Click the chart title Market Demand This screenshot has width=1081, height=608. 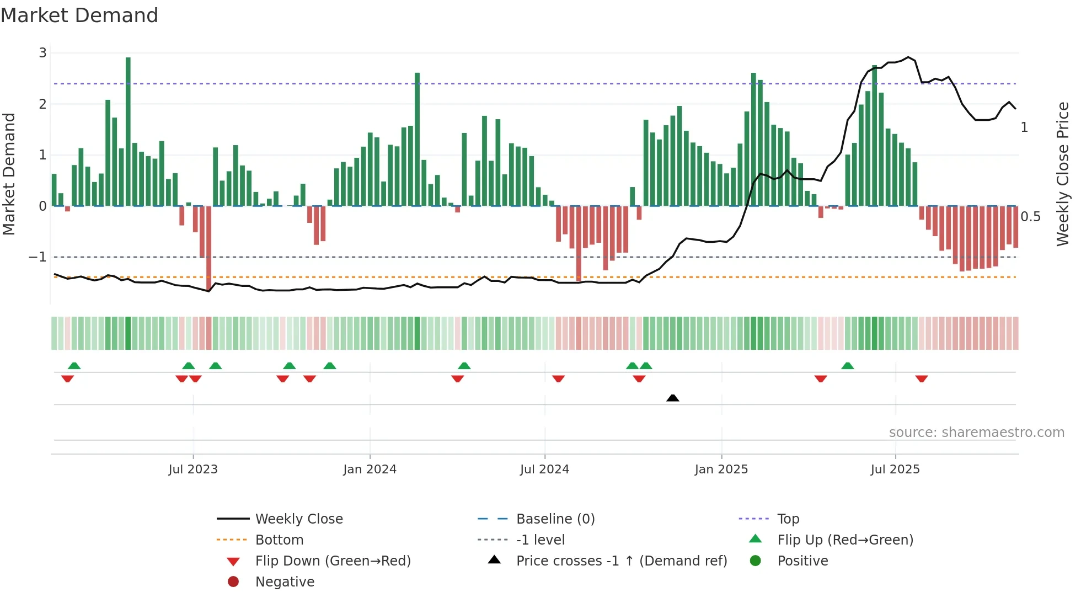point(79,15)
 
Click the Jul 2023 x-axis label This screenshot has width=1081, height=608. point(193,470)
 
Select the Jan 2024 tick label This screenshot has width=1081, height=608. point(370,470)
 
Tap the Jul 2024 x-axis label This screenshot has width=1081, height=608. point(544,470)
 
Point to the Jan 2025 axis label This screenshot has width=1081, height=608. point(721,470)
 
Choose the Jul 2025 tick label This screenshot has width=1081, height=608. point(895,470)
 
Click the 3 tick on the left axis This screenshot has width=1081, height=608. point(42,53)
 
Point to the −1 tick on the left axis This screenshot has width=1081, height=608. point(38,257)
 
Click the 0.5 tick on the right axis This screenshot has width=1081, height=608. point(1030,217)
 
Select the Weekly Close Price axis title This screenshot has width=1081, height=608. point(1062,174)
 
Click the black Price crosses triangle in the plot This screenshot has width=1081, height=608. point(672,398)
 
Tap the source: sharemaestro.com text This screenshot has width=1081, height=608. point(976,433)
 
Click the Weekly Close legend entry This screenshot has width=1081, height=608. point(298,519)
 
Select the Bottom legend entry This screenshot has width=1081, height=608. point(279,540)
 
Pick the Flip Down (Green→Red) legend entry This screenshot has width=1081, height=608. point(333,561)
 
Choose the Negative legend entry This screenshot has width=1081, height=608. point(285,582)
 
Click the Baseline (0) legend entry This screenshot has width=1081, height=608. point(555,519)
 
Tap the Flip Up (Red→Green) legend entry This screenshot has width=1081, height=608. point(845,540)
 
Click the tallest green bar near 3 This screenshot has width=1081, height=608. point(128,132)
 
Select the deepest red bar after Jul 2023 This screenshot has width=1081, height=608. point(208,248)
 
